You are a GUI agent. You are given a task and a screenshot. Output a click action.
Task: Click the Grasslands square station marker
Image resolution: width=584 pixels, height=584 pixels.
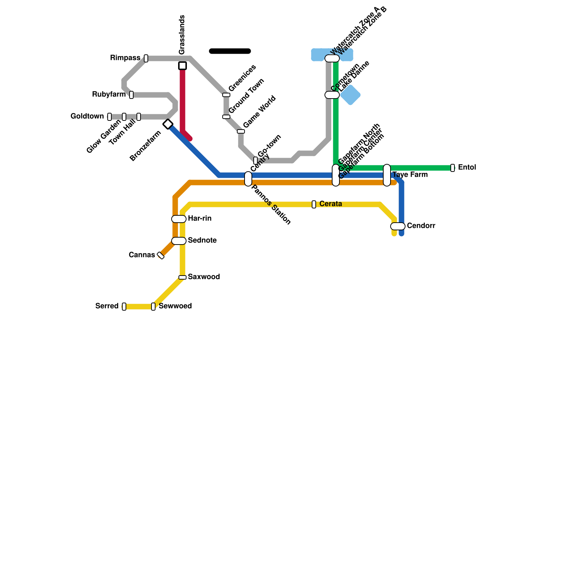tap(182, 66)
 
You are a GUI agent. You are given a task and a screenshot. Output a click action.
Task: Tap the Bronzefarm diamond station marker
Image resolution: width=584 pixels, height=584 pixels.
tap(168, 124)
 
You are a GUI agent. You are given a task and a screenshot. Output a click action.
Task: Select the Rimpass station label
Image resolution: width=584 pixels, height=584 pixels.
tap(125, 58)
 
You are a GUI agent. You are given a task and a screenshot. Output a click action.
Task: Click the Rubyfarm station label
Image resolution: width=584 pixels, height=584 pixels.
tap(109, 95)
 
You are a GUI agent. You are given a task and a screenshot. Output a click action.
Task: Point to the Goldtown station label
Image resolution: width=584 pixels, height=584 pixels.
tap(87, 116)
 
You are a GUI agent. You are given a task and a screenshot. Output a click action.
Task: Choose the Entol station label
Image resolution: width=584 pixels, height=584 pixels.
tap(467, 168)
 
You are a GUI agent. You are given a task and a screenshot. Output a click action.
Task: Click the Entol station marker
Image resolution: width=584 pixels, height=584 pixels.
tap(453, 168)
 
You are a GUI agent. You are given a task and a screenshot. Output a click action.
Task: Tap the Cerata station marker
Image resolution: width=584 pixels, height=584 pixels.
tap(314, 204)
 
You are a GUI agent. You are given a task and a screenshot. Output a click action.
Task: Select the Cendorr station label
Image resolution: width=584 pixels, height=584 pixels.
tap(421, 226)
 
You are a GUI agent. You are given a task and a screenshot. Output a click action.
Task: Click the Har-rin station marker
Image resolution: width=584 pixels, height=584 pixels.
tap(179, 219)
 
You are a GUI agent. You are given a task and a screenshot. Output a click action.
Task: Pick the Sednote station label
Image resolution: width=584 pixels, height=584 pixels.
tap(202, 241)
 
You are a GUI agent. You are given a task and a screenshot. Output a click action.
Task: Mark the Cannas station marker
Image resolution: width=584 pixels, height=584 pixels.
tap(161, 255)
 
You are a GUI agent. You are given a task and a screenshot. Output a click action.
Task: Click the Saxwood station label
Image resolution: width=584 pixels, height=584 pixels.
tap(204, 277)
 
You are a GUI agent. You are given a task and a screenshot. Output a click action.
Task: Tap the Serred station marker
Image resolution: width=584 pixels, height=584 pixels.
tap(124, 307)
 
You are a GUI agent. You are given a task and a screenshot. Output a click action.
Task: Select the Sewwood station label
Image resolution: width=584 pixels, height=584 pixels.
tap(175, 306)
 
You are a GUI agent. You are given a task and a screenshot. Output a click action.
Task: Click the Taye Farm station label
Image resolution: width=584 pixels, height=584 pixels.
tap(410, 175)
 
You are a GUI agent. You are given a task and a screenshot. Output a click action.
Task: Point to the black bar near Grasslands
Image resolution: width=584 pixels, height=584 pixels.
tap(230, 51)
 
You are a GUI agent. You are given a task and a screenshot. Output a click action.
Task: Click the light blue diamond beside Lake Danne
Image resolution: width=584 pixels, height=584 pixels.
tap(351, 95)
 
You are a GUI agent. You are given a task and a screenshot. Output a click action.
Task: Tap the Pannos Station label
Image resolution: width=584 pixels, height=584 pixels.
tap(271, 205)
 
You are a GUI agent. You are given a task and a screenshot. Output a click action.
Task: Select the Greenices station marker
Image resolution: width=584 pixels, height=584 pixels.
tap(226, 95)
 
